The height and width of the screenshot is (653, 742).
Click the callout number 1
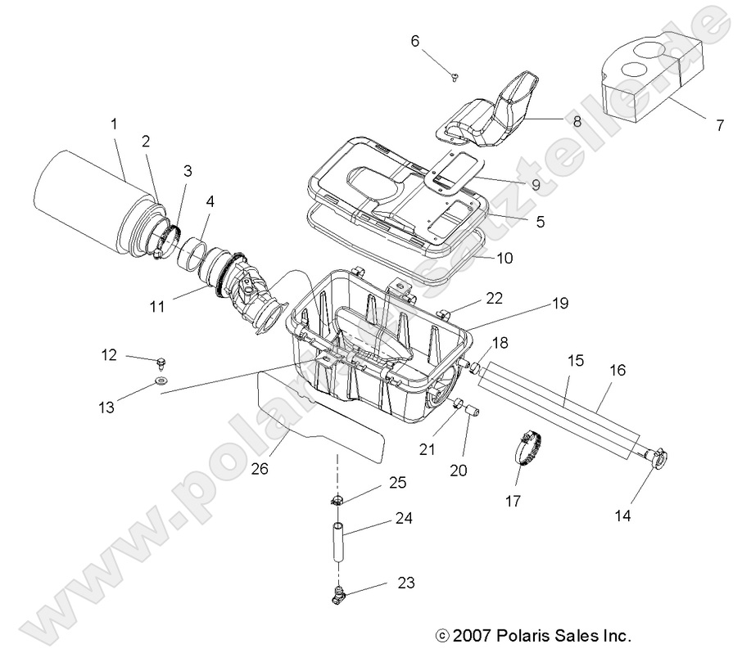(x=114, y=124)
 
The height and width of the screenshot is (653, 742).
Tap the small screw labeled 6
(x=455, y=76)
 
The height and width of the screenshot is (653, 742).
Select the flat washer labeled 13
(x=161, y=381)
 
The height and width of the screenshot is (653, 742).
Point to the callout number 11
(x=157, y=307)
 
